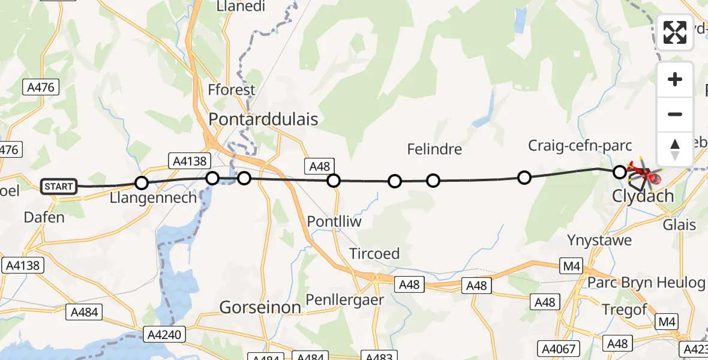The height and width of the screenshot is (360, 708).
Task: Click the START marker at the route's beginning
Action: (x=59, y=187)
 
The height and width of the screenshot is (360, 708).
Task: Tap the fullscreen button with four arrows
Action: (x=675, y=32)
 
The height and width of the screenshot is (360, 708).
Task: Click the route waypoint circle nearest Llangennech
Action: (x=142, y=183)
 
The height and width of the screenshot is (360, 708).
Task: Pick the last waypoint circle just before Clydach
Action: (x=620, y=173)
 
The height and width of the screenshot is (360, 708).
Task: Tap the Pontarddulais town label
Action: (x=263, y=119)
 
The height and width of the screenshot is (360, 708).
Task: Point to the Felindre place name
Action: (x=434, y=149)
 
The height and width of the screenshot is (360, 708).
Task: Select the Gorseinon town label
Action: (x=260, y=308)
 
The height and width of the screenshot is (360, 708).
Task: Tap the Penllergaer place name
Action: (x=344, y=299)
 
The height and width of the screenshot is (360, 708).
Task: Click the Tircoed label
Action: (x=374, y=254)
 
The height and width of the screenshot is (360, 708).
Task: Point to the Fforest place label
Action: (x=231, y=91)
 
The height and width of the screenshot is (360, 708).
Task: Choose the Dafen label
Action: (x=44, y=217)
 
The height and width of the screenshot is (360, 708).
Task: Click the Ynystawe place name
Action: (x=599, y=241)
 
